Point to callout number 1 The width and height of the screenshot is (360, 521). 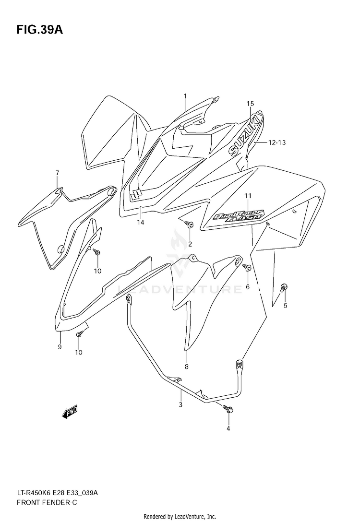pos(185,96)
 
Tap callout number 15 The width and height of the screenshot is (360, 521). pos(250,104)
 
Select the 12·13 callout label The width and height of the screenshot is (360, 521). pos(276,142)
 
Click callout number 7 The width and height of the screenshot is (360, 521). pos(57,173)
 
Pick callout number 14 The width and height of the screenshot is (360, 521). pos(141,222)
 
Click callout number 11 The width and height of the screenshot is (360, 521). pos(248,195)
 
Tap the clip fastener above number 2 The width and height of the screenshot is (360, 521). pos(189,224)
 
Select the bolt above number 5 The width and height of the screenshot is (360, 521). pos(284,287)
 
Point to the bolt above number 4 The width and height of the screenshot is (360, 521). pos(228,409)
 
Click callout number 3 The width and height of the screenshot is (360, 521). pos(180,404)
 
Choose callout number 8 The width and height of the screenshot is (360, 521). pos(186,367)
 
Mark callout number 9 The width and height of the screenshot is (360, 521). pos(60,346)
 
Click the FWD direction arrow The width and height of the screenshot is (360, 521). pos(70,412)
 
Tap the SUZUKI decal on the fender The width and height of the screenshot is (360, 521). pos(245,135)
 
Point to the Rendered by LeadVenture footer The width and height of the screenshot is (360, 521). pos(180,517)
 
